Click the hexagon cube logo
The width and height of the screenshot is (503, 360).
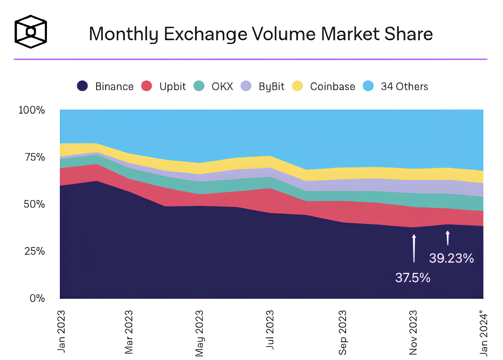[x=31, y=32]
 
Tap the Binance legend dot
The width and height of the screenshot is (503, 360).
[x=83, y=86]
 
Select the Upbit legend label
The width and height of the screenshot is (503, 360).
[x=172, y=87]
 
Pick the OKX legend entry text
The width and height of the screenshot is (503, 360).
[x=222, y=87]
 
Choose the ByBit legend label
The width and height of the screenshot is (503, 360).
[x=271, y=87]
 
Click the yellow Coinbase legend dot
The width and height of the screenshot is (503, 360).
[x=297, y=86]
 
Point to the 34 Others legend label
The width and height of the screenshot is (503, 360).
[x=404, y=87]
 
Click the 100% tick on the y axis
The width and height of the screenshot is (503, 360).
[x=32, y=110]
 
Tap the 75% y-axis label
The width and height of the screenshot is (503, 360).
[x=35, y=157]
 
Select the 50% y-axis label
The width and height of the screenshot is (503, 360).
[x=35, y=204]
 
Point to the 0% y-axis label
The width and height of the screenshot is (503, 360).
[x=37, y=298]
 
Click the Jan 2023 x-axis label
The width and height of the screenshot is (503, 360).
[x=62, y=331]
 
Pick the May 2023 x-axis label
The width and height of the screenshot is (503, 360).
[x=199, y=333]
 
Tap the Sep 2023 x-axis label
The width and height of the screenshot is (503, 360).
[x=342, y=332]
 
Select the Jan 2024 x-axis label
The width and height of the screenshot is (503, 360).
[x=484, y=332]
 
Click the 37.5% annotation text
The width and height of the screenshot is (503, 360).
[x=413, y=278]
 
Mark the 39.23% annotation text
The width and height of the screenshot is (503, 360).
[x=451, y=258]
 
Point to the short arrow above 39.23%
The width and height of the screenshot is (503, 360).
[x=448, y=238]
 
